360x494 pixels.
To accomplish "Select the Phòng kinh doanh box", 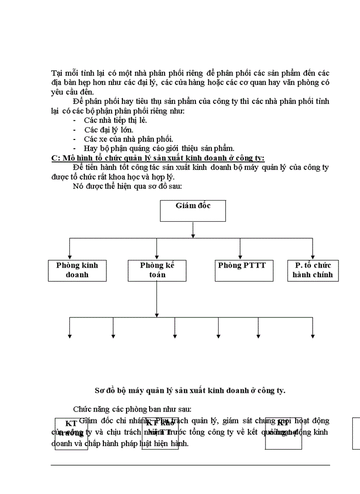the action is [77, 271].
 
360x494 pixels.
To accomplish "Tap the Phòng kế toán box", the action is [157, 271].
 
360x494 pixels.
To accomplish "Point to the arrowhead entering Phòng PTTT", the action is [240, 257].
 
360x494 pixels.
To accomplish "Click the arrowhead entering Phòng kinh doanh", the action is [70, 257].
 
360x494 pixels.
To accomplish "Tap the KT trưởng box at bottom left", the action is [71, 434].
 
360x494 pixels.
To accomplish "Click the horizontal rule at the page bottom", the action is [190, 465].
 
